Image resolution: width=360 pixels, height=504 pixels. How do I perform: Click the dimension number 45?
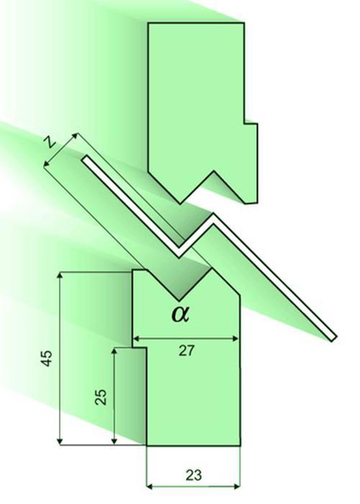(47, 358)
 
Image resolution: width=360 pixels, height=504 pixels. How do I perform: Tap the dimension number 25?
(101, 397)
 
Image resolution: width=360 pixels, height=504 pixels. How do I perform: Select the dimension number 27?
(186, 351)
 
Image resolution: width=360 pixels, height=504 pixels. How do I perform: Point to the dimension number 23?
(194, 474)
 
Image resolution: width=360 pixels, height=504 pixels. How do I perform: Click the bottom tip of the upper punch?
(180, 203)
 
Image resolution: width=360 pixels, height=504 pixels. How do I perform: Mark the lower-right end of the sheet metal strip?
(333, 339)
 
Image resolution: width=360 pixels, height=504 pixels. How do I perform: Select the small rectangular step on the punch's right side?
(251, 163)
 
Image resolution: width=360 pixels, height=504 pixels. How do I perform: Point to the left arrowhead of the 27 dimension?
(136, 338)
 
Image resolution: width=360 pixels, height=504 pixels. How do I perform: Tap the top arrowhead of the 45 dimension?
(60, 276)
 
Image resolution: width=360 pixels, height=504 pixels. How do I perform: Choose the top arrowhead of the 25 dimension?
(114, 351)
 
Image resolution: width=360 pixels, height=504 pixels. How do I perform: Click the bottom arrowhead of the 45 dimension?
(60, 441)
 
